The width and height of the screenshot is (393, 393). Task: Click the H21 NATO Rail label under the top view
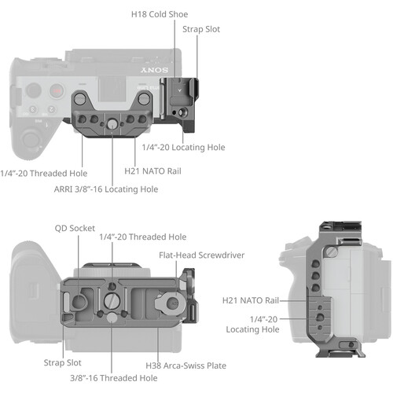click(153, 170)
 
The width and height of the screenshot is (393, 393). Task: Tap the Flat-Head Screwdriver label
click(202, 255)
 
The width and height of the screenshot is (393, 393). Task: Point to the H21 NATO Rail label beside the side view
click(250, 299)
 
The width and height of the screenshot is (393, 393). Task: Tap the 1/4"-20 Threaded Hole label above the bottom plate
click(142, 236)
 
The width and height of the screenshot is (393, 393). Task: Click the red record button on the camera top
click(56, 91)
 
